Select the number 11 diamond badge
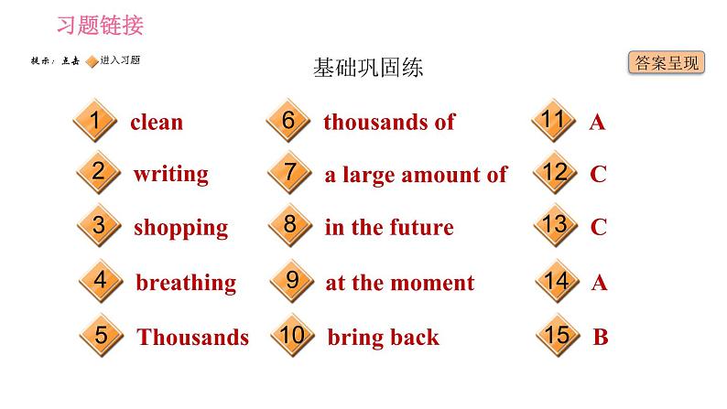click(x=553, y=121)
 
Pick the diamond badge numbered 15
click(x=557, y=336)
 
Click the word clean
click(x=157, y=122)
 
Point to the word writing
click(x=171, y=174)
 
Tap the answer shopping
click(x=180, y=228)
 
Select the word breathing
click(x=186, y=283)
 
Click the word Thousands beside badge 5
click(x=193, y=337)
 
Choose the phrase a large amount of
click(x=416, y=175)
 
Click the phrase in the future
click(x=389, y=228)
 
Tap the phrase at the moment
click(x=400, y=283)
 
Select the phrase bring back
click(x=383, y=337)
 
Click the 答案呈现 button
click(x=667, y=63)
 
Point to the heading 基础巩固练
click(x=368, y=69)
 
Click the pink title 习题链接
click(x=101, y=25)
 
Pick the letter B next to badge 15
click(x=601, y=337)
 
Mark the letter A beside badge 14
click(x=599, y=283)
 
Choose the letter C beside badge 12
click(x=598, y=174)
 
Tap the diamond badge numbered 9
click(x=292, y=281)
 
